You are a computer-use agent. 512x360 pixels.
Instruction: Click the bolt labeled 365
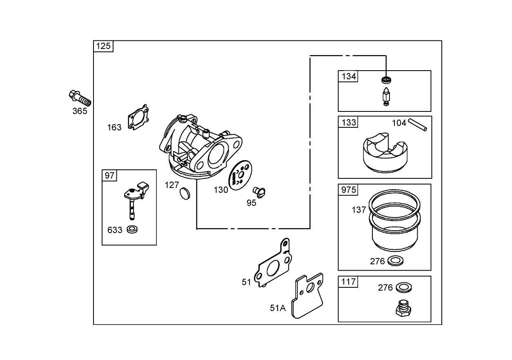coord(80,98)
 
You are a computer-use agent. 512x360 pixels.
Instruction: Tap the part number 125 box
coord(103,46)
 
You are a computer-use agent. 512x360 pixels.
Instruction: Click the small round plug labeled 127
coord(185,193)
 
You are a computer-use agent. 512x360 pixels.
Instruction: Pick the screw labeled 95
coord(259,190)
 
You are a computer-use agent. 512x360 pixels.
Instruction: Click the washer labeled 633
coord(132,229)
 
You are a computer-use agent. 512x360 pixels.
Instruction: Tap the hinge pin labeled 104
coord(419,124)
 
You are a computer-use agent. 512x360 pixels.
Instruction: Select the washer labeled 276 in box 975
coord(394,260)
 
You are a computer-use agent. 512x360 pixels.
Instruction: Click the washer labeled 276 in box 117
coord(403,287)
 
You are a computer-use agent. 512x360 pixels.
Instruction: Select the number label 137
coord(359,210)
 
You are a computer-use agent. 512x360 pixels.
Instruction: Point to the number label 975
coord(348,190)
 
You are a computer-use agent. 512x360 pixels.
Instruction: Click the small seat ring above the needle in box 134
coord(385,80)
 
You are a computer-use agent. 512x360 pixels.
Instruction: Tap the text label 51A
coord(278,308)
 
